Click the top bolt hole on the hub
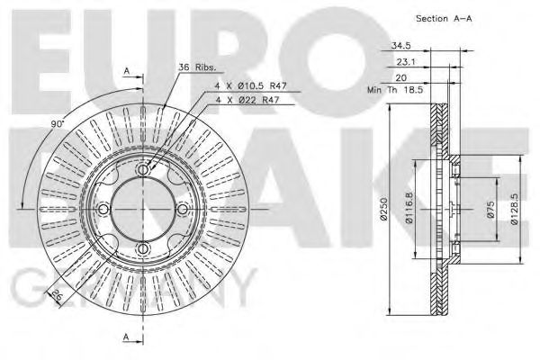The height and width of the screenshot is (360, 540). (142, 169)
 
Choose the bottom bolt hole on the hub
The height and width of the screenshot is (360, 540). (142, 249)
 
